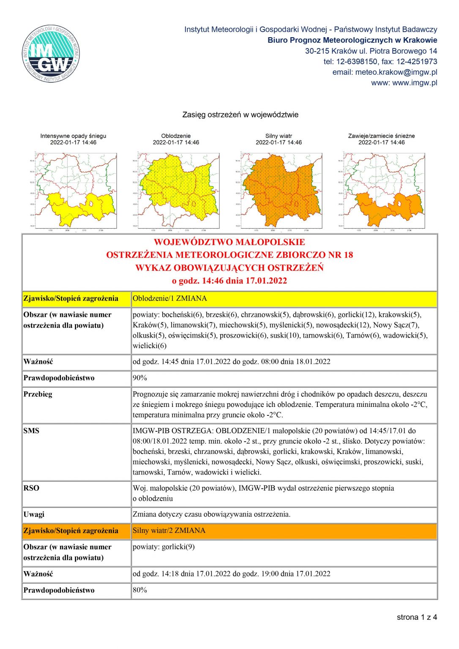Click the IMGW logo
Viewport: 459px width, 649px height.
(x=51, y=54)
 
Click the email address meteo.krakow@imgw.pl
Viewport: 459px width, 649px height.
(x=396, y=72)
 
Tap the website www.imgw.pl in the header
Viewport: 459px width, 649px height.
(x=415, y=83)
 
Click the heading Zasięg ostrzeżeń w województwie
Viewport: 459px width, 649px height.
(x=240, y=115)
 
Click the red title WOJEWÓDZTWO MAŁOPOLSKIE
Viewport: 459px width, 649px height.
(x=229, y=242)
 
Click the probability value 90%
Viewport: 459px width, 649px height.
(x=140, y=378)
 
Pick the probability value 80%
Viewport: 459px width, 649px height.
(x=140, y=590)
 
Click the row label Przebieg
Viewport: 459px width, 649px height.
(x=38, y=394)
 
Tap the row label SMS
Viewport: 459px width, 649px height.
(x=31, y=431)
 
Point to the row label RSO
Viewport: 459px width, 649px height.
(x=31, y=488)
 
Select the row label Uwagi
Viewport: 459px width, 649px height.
(x=34, y=515)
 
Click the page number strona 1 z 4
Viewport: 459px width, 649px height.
(x=417, y=617)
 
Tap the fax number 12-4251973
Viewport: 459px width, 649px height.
(x=417, y=62)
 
